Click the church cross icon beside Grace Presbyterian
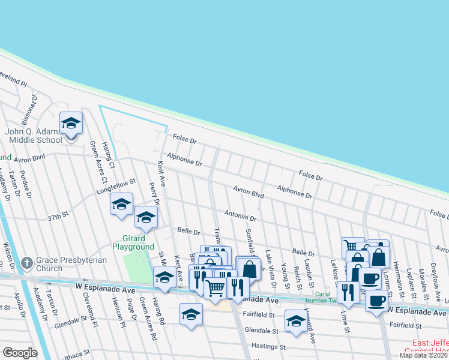coord(26,263)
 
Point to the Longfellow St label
coord(116,186)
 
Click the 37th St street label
coord(59,214)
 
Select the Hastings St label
coord(268,346)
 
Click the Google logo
coord(20,353)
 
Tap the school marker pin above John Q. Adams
coord(71,125)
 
